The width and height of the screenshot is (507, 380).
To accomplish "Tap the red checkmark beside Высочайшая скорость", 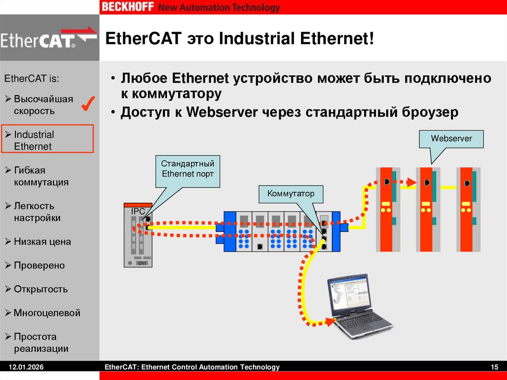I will pos(89,104).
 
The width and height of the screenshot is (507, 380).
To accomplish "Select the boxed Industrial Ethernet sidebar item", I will pos(48,140).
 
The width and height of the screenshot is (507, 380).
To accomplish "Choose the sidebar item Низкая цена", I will pos(42,242).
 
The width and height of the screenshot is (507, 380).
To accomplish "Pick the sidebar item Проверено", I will pos(39,266).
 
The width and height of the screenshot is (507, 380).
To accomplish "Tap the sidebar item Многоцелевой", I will pos(47,313).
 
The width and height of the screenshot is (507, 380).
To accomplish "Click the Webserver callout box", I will pos(451,139).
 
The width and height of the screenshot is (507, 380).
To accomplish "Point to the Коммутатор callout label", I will pos(291,193).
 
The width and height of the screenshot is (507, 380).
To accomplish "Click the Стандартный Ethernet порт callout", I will pos(188,169).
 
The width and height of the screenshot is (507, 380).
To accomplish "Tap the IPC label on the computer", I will pos(138,212).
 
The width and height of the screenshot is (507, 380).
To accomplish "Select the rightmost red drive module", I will pos(467,209).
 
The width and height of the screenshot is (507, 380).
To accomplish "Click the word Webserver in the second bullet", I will pos(222,112).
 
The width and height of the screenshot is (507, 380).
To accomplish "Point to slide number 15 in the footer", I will pos(494,367).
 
